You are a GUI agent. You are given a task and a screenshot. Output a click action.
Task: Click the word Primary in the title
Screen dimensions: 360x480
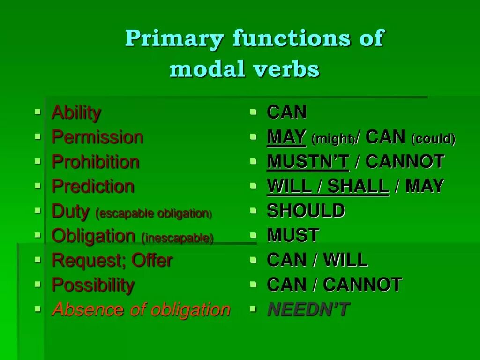[174, 39]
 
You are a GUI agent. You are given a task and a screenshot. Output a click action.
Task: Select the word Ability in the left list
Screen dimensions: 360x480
[76, 113]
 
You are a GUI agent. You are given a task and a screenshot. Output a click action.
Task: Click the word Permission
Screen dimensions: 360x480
[97, 137]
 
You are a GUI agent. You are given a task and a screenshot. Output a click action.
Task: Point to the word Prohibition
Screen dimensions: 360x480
[95, 162]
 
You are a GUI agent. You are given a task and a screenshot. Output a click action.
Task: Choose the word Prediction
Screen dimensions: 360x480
[93, 187]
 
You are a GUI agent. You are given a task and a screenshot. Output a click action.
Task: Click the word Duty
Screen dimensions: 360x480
[70, 211]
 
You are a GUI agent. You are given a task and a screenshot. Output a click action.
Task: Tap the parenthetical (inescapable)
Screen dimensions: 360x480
[177, 238]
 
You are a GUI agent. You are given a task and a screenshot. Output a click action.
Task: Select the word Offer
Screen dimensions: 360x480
[152, 260]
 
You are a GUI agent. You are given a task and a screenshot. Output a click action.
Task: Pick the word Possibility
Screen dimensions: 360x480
[93, 285]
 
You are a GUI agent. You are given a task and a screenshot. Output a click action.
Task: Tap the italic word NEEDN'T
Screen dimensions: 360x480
[308, 309]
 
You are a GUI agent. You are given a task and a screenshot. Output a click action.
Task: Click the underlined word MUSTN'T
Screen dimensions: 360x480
[308, 162]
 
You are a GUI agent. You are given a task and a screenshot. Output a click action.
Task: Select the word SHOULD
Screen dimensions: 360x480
[306, 211]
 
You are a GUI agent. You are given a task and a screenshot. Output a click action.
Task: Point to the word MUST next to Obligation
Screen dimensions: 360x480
[293, 235]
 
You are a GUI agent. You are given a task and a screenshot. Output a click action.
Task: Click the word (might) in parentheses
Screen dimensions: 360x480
[333, 139]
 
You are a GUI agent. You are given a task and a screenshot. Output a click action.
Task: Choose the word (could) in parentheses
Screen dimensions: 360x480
[433, 139]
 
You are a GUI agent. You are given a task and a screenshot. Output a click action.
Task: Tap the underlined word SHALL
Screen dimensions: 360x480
[358, 187]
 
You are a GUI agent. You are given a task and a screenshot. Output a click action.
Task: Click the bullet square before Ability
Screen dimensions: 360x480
[37, 112]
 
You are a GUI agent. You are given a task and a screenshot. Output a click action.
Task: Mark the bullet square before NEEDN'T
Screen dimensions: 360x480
[254, 309]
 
